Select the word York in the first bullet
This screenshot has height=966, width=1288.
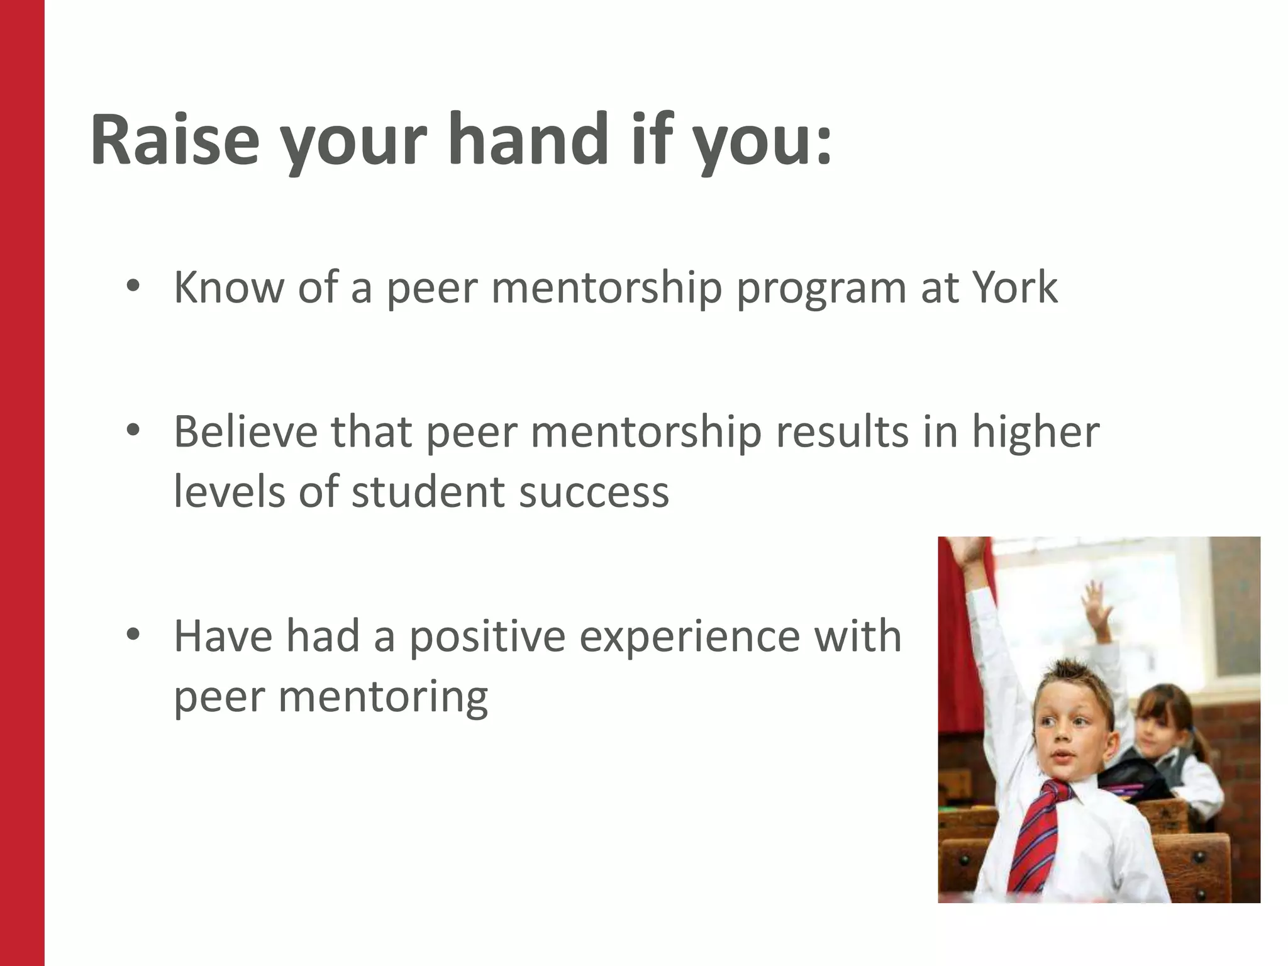point(1014,287)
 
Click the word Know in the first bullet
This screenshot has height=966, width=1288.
point(229,287)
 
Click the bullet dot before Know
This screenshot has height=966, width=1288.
point(131,287)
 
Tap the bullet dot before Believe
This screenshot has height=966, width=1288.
point(131,431)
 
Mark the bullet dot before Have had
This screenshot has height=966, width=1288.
point(131,635)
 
